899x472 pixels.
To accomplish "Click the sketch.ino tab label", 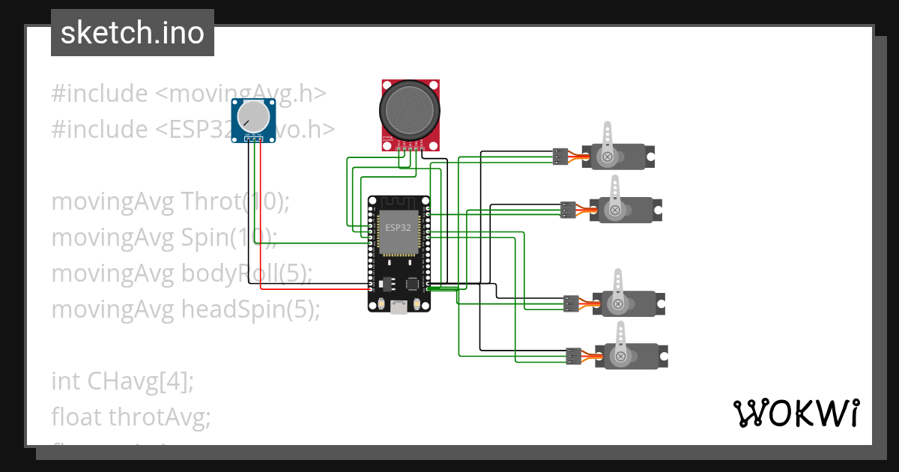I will click(x=132, y=33).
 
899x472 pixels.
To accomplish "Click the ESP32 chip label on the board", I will click(x=397, y=226).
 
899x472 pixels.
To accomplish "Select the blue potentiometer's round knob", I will click(x=254, y=116).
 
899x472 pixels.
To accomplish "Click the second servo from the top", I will click(x=625, y=210).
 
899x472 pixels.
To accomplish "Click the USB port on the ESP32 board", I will click(x=399, y=307).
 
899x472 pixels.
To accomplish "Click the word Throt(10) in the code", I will click(x=235, y=202).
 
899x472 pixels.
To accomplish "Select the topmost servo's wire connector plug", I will click(x=560, y=157).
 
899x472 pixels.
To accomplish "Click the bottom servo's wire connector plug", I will click(x=574, y=357).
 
